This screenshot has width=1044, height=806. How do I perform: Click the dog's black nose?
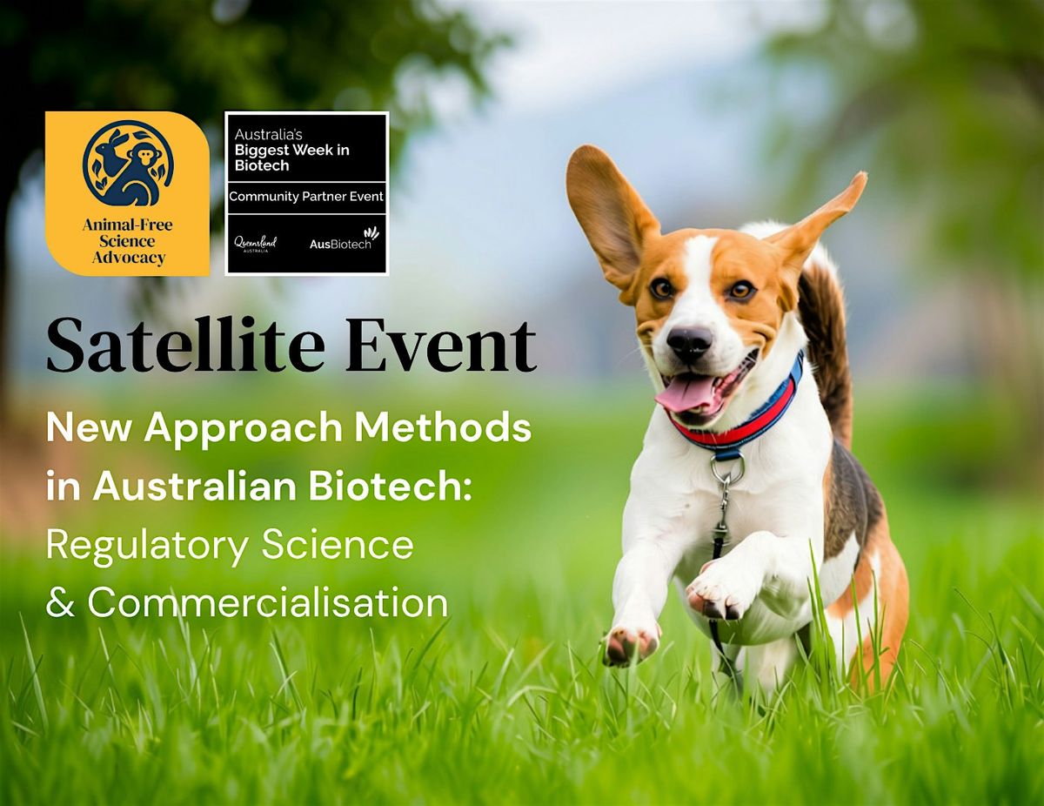pyautogui.click(x=689, y=342)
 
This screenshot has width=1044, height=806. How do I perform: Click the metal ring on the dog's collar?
pyautogui.click(x=727, y=467)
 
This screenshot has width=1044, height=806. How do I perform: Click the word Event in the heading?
pyautogui.click(x=440, y=345)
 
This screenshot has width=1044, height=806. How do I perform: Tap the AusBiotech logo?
pyautogui.click(x=345, y=240)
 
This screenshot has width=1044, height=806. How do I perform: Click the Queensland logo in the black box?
pyautogui.click(x=255, y=244)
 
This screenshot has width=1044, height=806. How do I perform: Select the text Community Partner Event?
pyautogui.click(x=306, y=197)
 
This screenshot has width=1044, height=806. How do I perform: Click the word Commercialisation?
pyautogui.click(x=268, y=602)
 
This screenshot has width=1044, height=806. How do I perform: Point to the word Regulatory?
pyautogui.click(x=147, y=547)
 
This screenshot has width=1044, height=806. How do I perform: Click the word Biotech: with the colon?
pyautogui.click(x=390, y=487)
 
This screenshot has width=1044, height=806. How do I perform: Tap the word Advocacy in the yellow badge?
pyautogui.click(x=128, y=259)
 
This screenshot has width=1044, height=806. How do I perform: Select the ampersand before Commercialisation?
pyautogui.click(x=61, y=602)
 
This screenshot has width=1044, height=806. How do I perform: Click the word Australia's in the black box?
pyautogui.click(x=268, y=135)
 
